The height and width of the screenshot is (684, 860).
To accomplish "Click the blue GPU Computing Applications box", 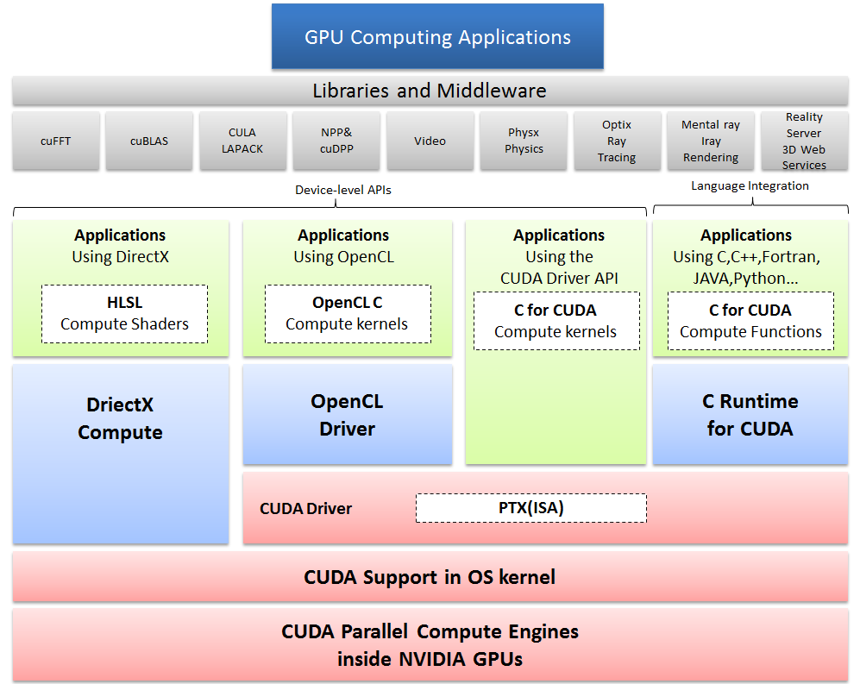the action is (437, 36).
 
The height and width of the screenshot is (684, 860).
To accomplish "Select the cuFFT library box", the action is (56, 141).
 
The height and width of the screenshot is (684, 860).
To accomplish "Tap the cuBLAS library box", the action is (149, 141).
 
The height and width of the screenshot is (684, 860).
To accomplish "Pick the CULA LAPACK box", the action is (243, 141).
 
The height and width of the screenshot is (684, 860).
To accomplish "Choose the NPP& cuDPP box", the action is (336, 141).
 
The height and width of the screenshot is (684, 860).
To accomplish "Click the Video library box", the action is (430, 141).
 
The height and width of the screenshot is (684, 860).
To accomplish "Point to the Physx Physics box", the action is (524, 141).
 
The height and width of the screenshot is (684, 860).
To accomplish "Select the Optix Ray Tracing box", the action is (617, 141).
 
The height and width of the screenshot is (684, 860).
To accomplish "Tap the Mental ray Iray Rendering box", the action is (711, 141).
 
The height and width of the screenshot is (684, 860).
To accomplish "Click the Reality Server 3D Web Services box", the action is (805, 141).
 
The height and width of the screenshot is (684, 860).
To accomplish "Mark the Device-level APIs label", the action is (343, 190).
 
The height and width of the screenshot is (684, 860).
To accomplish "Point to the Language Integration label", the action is (750, 186).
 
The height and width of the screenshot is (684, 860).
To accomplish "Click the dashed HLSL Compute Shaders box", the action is (124, 314).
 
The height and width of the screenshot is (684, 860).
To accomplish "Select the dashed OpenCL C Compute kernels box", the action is (348, 314).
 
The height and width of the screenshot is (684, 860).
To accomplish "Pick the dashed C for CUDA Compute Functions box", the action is (750, 321).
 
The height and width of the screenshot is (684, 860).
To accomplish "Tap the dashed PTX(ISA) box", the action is (530, 508).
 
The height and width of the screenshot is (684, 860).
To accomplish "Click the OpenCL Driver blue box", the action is (347, 414).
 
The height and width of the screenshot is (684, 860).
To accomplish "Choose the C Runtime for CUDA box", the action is (750, 414).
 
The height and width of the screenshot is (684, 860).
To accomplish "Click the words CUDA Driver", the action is (305, 509).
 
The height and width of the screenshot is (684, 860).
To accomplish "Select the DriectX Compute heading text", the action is (120, 418).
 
